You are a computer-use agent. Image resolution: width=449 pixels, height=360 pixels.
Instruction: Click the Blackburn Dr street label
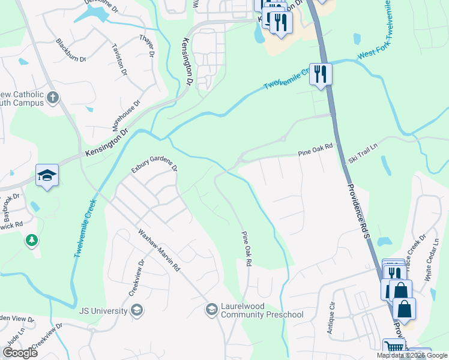pos(68,49)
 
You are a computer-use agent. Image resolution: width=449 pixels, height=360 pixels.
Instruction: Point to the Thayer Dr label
pos(148,46)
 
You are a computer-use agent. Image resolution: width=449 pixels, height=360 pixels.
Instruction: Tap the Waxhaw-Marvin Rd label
pos(159,251)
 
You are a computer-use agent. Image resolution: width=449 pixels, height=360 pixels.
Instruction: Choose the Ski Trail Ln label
pos(364,154)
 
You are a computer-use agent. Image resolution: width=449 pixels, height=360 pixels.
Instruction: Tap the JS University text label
pos(103,311)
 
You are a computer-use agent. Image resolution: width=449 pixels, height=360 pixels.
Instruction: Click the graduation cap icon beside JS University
pos(136,310)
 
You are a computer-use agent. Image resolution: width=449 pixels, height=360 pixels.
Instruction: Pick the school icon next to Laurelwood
pos(211,310)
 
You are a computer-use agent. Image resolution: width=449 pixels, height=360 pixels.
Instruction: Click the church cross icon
pos(53,97)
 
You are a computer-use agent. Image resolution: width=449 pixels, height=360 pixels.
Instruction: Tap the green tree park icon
pos(31,240)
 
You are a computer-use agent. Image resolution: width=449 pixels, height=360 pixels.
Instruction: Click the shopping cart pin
pos(394,349)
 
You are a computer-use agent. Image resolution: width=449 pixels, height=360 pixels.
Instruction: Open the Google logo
pos(20,353)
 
